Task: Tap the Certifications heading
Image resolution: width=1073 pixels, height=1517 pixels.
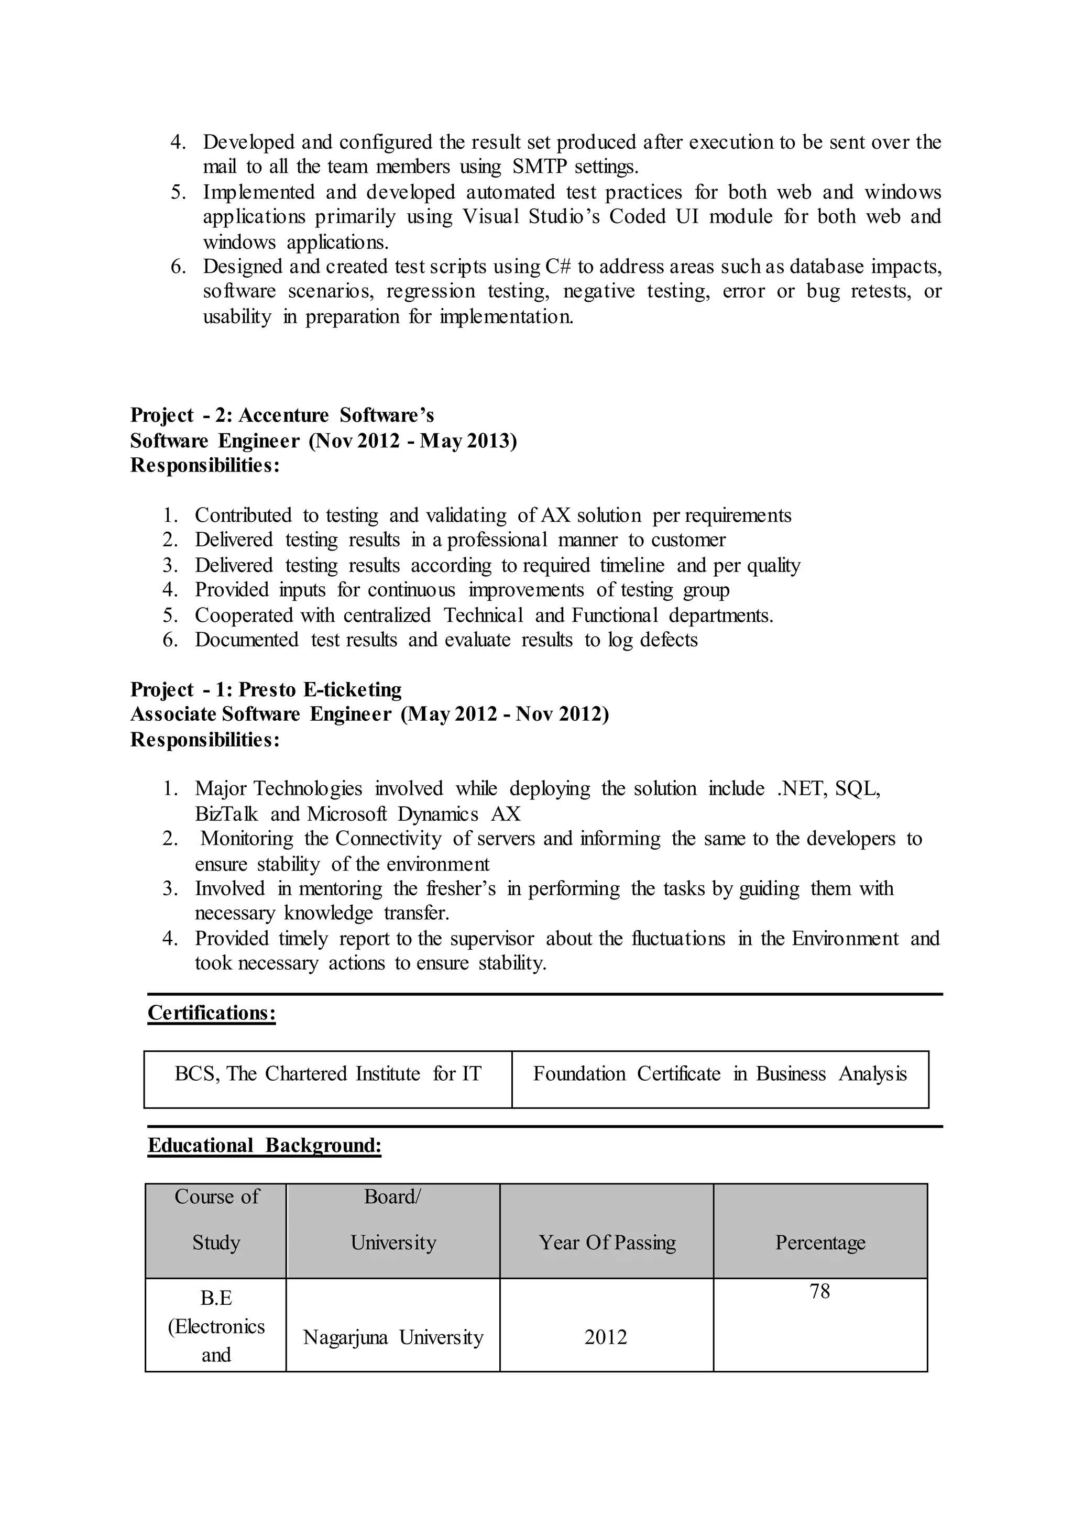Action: coord(212,1013)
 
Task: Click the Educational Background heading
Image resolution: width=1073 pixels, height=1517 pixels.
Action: coord(264,1145)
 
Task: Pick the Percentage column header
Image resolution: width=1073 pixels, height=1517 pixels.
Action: coord(820,1243)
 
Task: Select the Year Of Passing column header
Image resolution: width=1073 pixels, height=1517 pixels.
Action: coord(607,1243)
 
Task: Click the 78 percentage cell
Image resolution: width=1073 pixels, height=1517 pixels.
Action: coord(820,1291)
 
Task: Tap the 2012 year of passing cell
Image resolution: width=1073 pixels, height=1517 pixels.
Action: coord(606,1337)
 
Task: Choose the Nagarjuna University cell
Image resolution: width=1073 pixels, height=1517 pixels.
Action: coord(393,1337)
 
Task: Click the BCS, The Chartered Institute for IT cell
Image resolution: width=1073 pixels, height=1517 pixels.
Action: coord(327,1074)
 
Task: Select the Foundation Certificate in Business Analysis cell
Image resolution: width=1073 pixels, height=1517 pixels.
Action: coord(719,1074)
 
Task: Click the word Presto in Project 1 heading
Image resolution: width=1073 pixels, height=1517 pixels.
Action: coord(267,689)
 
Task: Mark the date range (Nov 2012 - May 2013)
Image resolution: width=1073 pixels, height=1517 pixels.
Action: coord(413,441)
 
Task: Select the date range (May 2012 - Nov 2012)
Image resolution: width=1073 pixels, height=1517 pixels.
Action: coord(505,714)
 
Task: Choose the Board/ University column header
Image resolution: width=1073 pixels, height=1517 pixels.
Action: coord(393,1219)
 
